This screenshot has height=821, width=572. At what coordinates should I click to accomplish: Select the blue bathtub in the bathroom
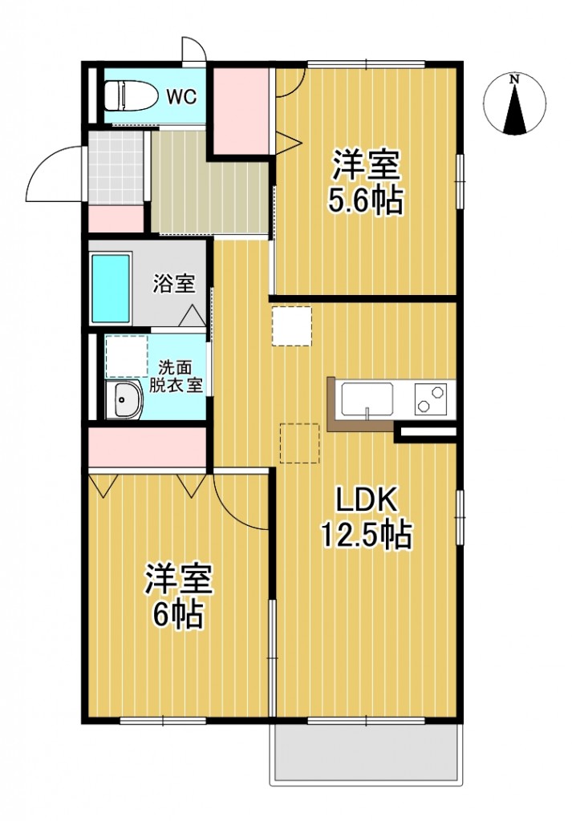(x=111, y=288)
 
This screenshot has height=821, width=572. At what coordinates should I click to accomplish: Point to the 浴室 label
(x=174, y=283)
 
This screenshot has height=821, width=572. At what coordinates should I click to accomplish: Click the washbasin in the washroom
(x=124, y=399)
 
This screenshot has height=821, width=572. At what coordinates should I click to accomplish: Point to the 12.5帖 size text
(x=367, y=534)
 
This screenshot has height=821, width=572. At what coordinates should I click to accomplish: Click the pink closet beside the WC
(x=241, y=111)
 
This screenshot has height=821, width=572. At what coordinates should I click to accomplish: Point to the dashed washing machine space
(x=127, y=357)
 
